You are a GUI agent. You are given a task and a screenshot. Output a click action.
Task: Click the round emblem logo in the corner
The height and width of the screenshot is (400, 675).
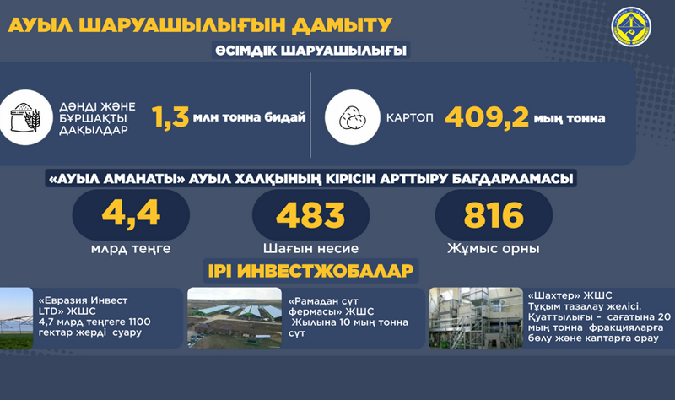631,27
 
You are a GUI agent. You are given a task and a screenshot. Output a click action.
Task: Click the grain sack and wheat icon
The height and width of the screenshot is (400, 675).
25,117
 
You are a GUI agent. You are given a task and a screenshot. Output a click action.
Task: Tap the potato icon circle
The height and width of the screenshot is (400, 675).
352,117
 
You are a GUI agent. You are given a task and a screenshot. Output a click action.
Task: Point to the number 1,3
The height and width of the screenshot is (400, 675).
170,116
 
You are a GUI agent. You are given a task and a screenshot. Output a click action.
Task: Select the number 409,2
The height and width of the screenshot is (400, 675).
487,117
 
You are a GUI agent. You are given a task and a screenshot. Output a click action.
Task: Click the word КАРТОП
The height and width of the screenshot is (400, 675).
410,117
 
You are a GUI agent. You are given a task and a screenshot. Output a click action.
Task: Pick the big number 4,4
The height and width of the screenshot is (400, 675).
131,214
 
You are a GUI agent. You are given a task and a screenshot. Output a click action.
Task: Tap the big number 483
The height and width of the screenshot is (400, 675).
310,215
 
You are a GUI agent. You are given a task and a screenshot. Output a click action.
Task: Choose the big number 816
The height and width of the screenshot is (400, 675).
494,215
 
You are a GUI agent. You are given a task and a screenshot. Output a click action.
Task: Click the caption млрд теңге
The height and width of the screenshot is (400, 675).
131,249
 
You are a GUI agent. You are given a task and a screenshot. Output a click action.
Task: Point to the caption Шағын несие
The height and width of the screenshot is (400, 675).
310,248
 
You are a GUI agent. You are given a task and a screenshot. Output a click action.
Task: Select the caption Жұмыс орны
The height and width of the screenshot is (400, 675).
494,248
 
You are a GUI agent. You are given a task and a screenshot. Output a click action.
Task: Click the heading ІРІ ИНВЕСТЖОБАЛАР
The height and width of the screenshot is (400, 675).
310,271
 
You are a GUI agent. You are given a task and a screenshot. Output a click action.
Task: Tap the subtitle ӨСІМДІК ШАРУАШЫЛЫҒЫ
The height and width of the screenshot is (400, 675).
310,51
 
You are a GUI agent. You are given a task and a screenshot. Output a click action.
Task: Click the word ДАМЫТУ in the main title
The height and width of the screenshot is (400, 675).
343,25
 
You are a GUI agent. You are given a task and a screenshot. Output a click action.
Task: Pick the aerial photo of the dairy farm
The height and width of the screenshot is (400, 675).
235,318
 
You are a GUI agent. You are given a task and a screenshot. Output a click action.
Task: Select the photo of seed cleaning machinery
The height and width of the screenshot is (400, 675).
476,318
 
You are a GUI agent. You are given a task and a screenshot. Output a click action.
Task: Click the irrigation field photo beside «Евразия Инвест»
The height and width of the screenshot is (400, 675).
16,318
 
